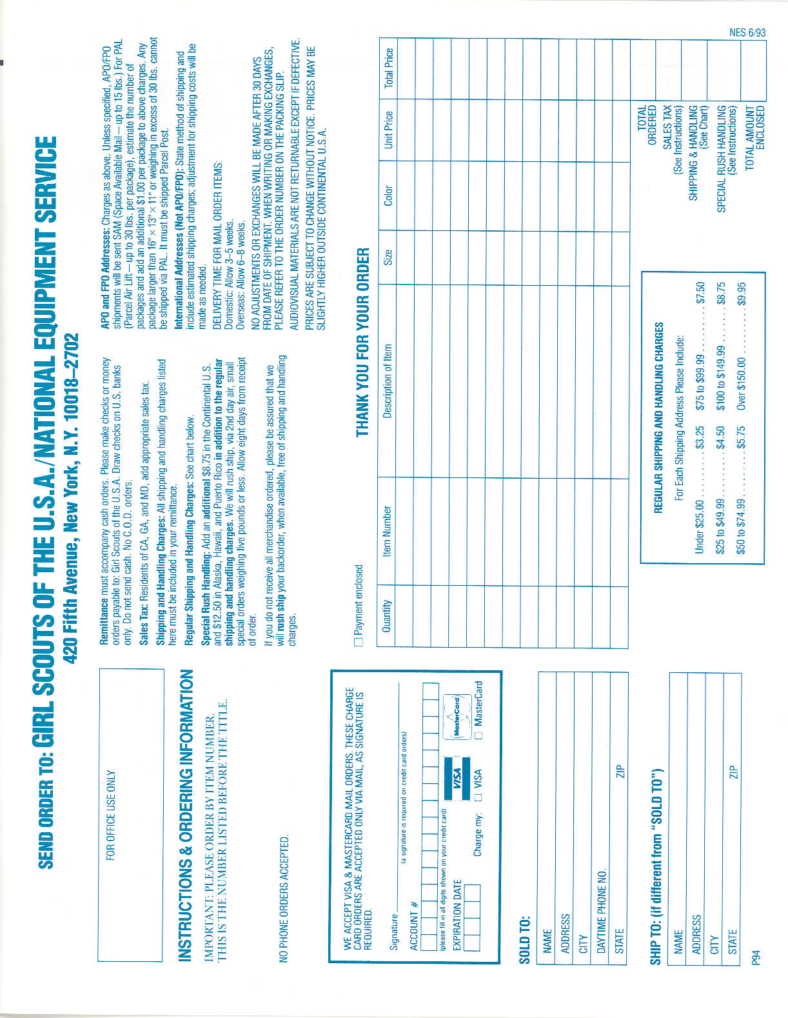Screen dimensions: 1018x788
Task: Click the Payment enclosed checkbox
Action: pos(359,642)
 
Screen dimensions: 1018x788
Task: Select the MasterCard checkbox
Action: pos(478,735)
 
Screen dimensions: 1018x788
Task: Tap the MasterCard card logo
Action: pos(457,716)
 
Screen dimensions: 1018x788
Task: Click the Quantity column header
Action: pos(387,616)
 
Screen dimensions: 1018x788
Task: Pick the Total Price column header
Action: pos(388,68)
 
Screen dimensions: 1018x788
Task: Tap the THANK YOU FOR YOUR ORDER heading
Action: pos(362,342)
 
